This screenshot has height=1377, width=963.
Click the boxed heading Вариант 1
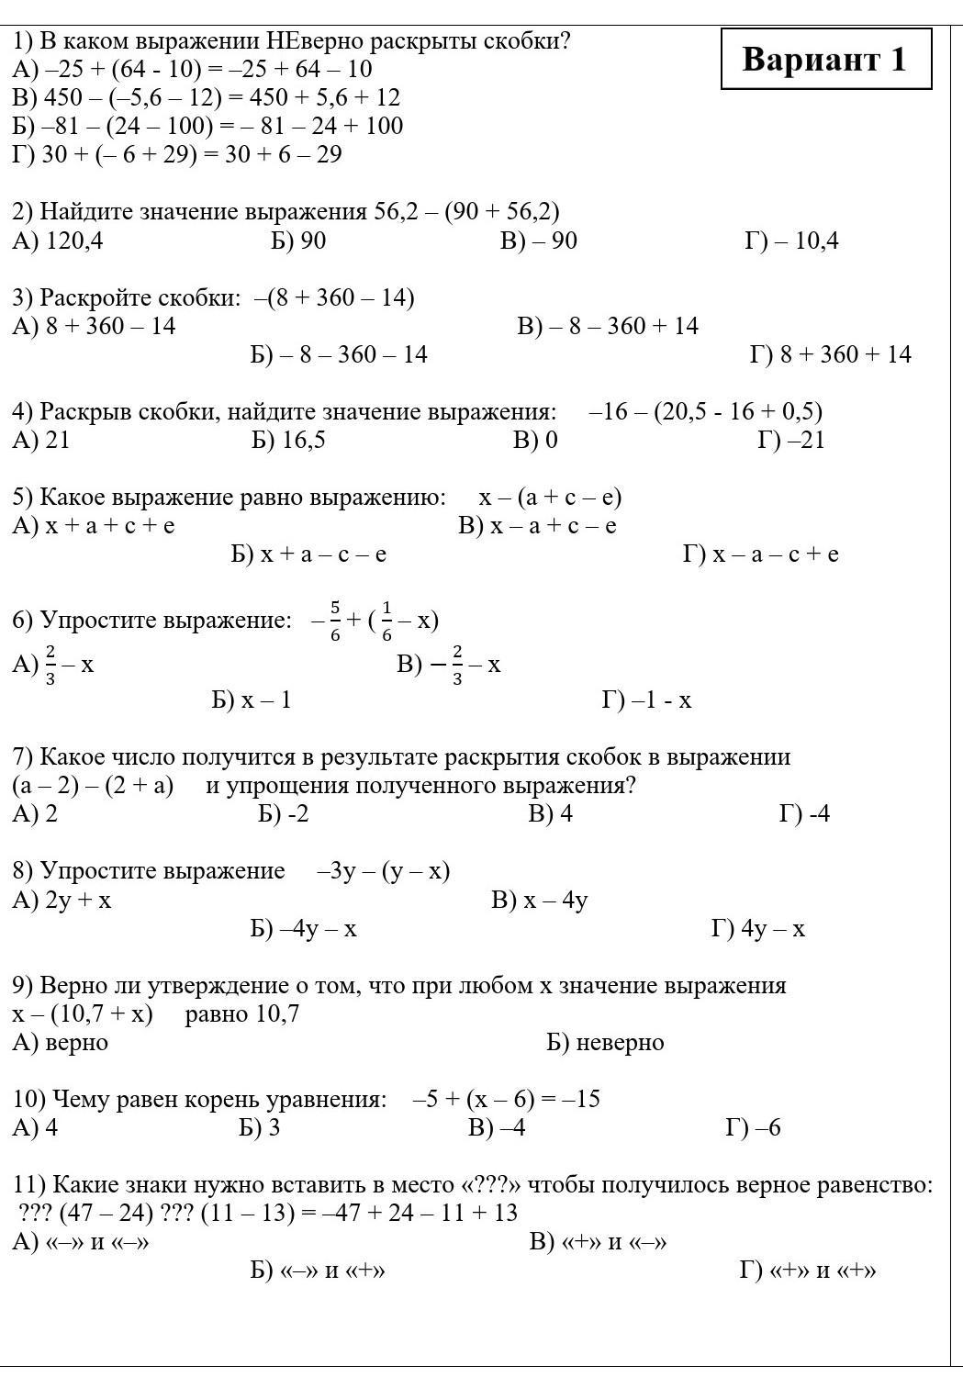point(825,60)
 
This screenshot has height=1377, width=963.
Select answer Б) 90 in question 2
point(298,241)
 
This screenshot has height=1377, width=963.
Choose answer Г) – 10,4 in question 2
point(791,241)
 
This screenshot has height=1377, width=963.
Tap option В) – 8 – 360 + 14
point(608,326)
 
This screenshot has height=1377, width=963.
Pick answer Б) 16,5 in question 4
point(288,441)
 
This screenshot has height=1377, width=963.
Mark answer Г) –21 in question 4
point(791,441)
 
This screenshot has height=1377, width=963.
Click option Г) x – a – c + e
point(761,554)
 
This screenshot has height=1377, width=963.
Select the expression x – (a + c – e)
point(550,498)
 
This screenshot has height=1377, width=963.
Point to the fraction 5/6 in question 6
point(335,621)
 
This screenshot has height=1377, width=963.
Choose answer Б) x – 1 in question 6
point(252,700)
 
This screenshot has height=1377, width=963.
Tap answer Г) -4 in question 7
point(804,814)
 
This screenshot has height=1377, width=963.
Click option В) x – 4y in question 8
point(540,901)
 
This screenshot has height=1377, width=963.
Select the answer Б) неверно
point(605,1043)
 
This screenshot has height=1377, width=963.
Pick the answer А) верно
point(61,1043)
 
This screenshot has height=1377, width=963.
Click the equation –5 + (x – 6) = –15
point(507,1100)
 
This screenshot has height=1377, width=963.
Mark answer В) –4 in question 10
point(497,1128)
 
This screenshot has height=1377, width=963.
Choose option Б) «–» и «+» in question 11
point(318,1271)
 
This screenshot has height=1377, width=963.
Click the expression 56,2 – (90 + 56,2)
point(466,212)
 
